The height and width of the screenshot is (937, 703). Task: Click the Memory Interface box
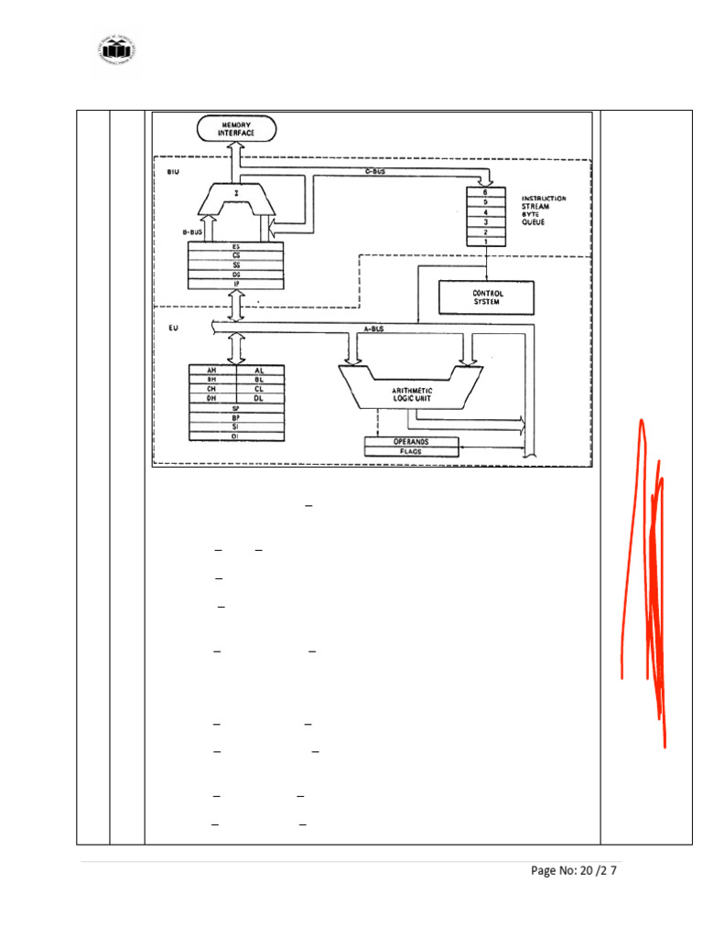coord(237,129)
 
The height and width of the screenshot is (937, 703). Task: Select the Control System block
coord(486,297)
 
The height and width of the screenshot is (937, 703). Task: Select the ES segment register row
coord(236,246)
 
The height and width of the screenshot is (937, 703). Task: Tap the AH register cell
coord(211,370)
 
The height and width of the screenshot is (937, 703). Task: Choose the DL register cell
coord(260,398)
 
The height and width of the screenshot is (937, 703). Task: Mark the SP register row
coord(236,408)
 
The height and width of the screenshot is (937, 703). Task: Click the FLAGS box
coord(410,451)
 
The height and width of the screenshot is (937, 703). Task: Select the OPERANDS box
coord(410,441)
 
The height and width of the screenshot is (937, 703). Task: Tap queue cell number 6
coord(484,192)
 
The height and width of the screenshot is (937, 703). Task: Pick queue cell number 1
coord(484,242)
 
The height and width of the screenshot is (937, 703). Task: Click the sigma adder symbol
coord(237,194)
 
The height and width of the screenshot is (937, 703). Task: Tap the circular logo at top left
coord(116,51)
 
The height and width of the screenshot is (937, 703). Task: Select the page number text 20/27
coord(574,870)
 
